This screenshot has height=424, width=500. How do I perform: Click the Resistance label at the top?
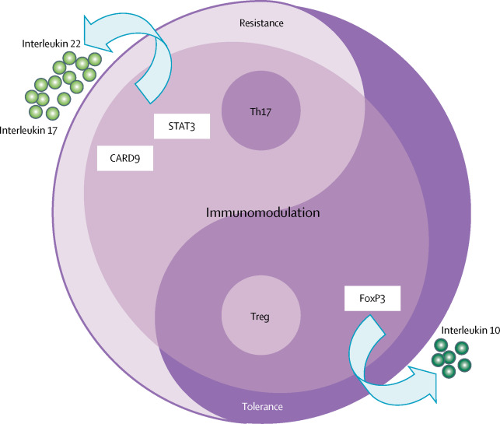point(262,23)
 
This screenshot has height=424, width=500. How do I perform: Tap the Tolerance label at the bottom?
point(261,406)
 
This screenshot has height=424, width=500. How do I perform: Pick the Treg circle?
point(261,317)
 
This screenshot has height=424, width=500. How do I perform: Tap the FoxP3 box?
point(372,298)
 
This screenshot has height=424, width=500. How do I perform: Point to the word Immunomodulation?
point(263,212)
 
